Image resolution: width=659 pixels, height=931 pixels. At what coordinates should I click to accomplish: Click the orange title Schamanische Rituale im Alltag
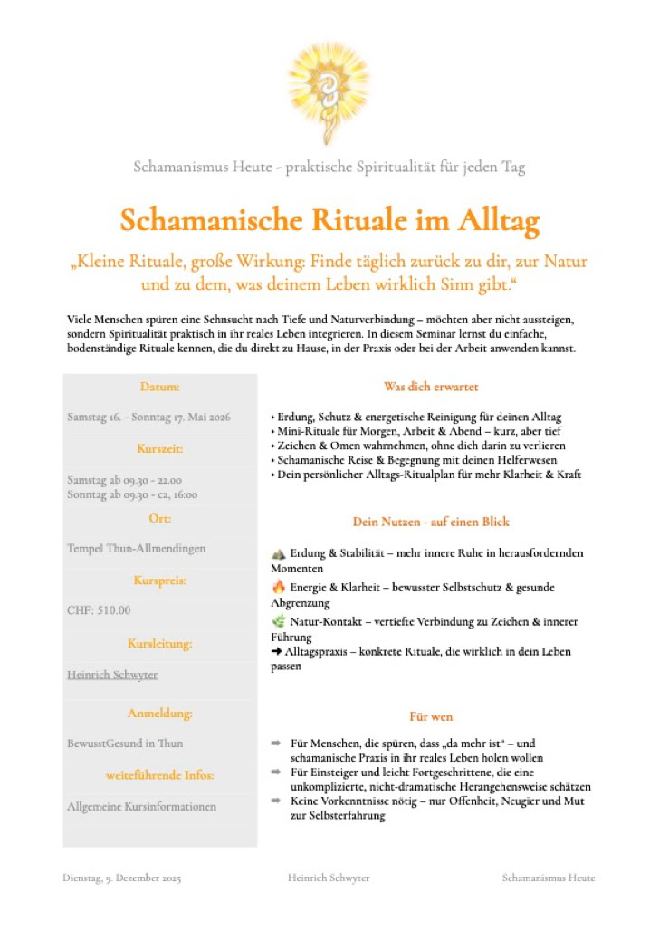click(x=329, y=220)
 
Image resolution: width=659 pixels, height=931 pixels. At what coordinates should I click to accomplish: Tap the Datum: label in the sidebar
click(x=160, y=387)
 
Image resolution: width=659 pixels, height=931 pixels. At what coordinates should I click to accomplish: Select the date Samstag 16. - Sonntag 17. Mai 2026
click(x=148, y=417)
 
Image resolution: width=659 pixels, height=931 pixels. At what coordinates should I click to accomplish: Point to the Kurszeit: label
click(x=160, y=448)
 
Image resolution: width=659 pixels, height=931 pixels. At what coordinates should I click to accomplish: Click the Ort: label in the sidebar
click(x=160, y=518)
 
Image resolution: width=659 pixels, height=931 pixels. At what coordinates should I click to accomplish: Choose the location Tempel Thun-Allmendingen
click(x=136, y=548)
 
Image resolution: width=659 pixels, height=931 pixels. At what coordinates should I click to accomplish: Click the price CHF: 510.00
click(x=99, y=609)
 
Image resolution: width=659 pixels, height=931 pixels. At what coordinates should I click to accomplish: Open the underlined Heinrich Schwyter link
click(x=113, y=675)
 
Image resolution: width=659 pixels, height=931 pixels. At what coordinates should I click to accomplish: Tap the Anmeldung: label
click(x=160, y=713)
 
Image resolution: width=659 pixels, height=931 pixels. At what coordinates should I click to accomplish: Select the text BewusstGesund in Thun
click(x=125, y=743)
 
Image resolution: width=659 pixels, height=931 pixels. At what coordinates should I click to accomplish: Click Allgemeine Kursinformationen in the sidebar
click(x=141, y=806)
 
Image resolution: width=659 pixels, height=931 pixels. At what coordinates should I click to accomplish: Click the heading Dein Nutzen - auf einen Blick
click(x=431, y=522)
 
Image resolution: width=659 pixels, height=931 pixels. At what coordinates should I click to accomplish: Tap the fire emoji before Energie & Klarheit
click(x=278, y=587)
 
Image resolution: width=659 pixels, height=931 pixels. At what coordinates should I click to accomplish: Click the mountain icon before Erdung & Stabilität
click(x=278, y=552)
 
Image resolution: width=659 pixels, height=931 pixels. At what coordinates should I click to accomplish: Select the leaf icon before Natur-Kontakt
click(x=278, y=621)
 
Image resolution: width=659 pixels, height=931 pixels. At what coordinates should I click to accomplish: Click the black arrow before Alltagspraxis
click(x=277, y=651)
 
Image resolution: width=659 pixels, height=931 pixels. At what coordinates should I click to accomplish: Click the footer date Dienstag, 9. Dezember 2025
click(x=122, y=878)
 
